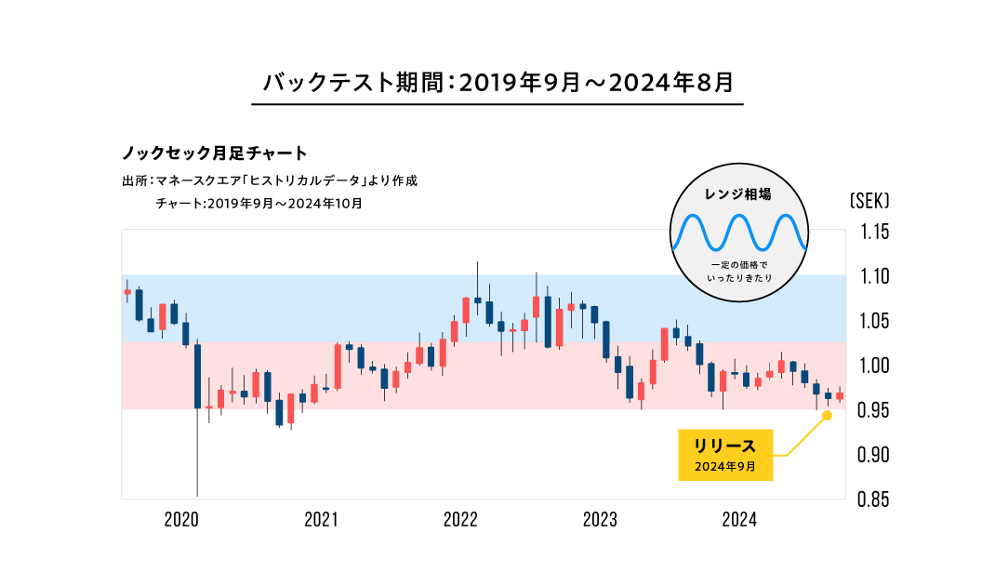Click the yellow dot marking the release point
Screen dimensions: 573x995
(827, 415)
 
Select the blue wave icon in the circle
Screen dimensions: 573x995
(739, 233)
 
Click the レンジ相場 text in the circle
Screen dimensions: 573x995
(739, 195)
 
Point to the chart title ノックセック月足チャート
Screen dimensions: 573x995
(215, 153)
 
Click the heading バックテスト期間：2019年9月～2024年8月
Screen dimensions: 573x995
(498, 82)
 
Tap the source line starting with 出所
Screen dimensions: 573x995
(270, 180)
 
